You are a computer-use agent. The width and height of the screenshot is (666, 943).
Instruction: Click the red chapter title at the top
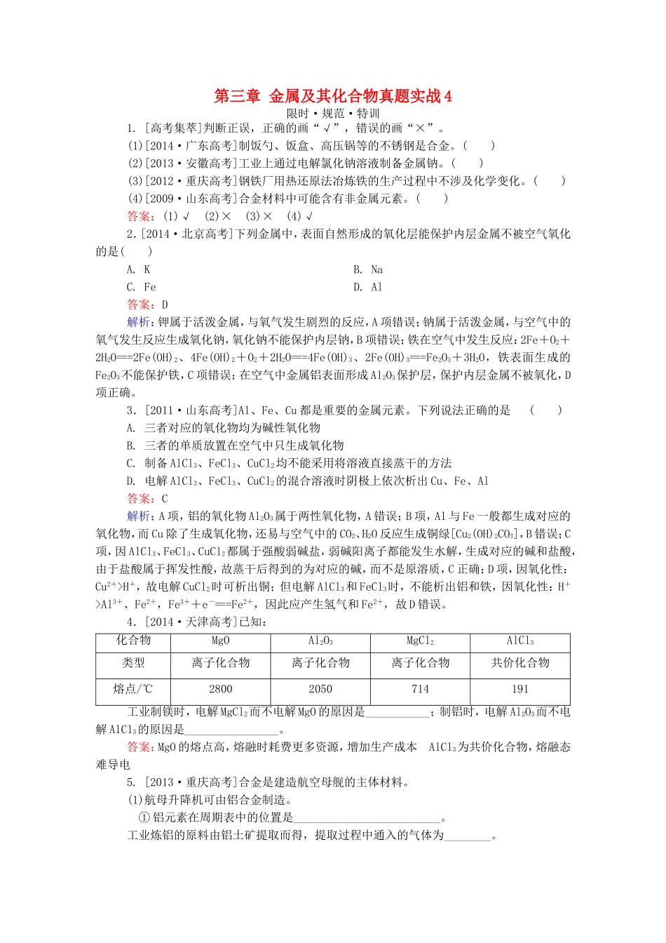click(x=333, y=96)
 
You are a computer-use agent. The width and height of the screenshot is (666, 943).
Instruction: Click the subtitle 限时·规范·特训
click(x=333, y=113)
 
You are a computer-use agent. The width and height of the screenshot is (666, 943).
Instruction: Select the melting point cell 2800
click(x=220, y=689)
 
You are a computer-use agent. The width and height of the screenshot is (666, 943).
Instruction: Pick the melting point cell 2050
click(x=320, y=689)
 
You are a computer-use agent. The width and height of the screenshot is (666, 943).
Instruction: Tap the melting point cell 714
click(x=420, y=689)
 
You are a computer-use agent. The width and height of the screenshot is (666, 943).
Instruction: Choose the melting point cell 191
click(x=520, y=689)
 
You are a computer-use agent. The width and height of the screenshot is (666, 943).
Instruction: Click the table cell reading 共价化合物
click(x=520, y=663)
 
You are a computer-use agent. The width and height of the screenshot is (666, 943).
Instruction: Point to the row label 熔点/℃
click(x=133, y=689)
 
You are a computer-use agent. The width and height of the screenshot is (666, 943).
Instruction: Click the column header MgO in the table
click(x=220, y=641)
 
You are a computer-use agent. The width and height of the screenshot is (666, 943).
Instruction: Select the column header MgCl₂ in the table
click(x=420, y=641)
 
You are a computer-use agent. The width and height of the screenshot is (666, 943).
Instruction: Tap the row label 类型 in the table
click(x=133, y=663)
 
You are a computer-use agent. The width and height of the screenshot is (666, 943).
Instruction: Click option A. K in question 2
click(x=138, y=269)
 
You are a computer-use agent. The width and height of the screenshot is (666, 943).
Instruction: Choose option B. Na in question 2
click(x=368, y=269)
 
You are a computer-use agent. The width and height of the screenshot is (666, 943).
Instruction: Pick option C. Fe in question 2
click(x=141, y=287)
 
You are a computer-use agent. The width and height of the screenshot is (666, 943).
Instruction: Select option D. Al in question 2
click(x=368, y=287)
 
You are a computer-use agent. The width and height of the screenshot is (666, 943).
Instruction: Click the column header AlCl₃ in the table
click(x=520, y=641)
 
